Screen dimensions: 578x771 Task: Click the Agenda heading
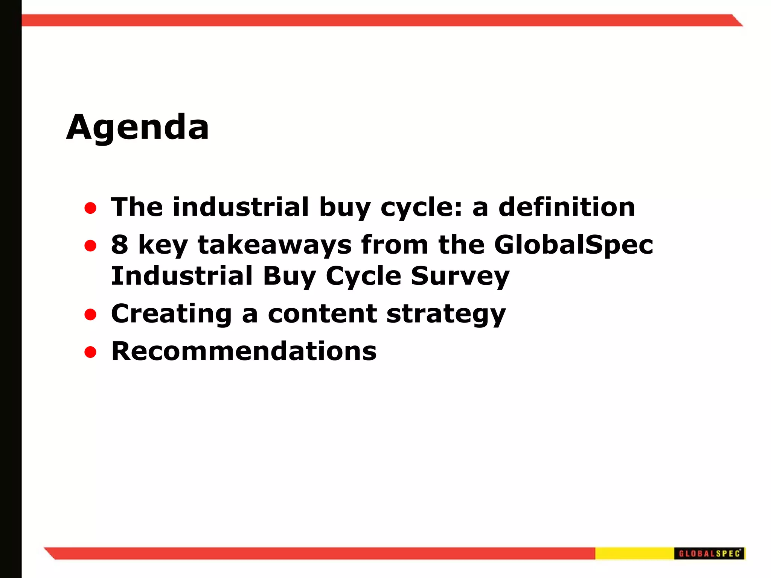coord(137,127)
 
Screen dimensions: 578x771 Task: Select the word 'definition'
coord(567,207)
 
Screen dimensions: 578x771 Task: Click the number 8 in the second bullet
coord(119,245)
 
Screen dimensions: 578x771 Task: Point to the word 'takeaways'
coord(275,245)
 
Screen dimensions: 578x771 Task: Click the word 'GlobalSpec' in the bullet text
coord(573,245)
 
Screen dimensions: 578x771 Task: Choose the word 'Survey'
coord(460,276)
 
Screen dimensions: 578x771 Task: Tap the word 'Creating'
coord(171,313)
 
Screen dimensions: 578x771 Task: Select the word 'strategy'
coord(446,313)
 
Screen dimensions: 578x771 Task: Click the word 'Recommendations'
coord(244,351)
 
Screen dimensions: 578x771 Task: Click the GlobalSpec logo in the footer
coord(709,554)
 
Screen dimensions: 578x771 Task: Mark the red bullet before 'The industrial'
coord(90,208)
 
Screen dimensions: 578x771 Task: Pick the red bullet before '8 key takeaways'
coord(90,246)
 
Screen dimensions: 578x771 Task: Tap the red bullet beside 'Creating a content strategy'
coord(90,315)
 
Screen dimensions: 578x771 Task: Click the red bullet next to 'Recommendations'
coord(90,352)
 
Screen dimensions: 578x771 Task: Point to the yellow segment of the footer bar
coord(634,554)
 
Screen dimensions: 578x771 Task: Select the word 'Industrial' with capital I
coord(182,276)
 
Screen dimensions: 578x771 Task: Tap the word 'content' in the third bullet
coord(322,313)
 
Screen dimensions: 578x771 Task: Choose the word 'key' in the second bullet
coord(163,245)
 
